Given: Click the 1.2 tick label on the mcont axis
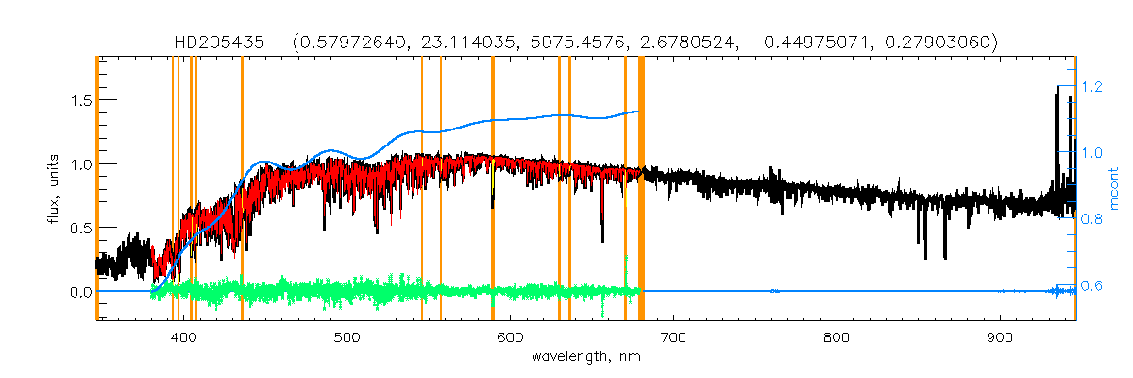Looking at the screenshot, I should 1093,86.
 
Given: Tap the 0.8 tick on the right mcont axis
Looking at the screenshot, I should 1093,219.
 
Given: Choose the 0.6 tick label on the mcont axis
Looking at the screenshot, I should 1093,285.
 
